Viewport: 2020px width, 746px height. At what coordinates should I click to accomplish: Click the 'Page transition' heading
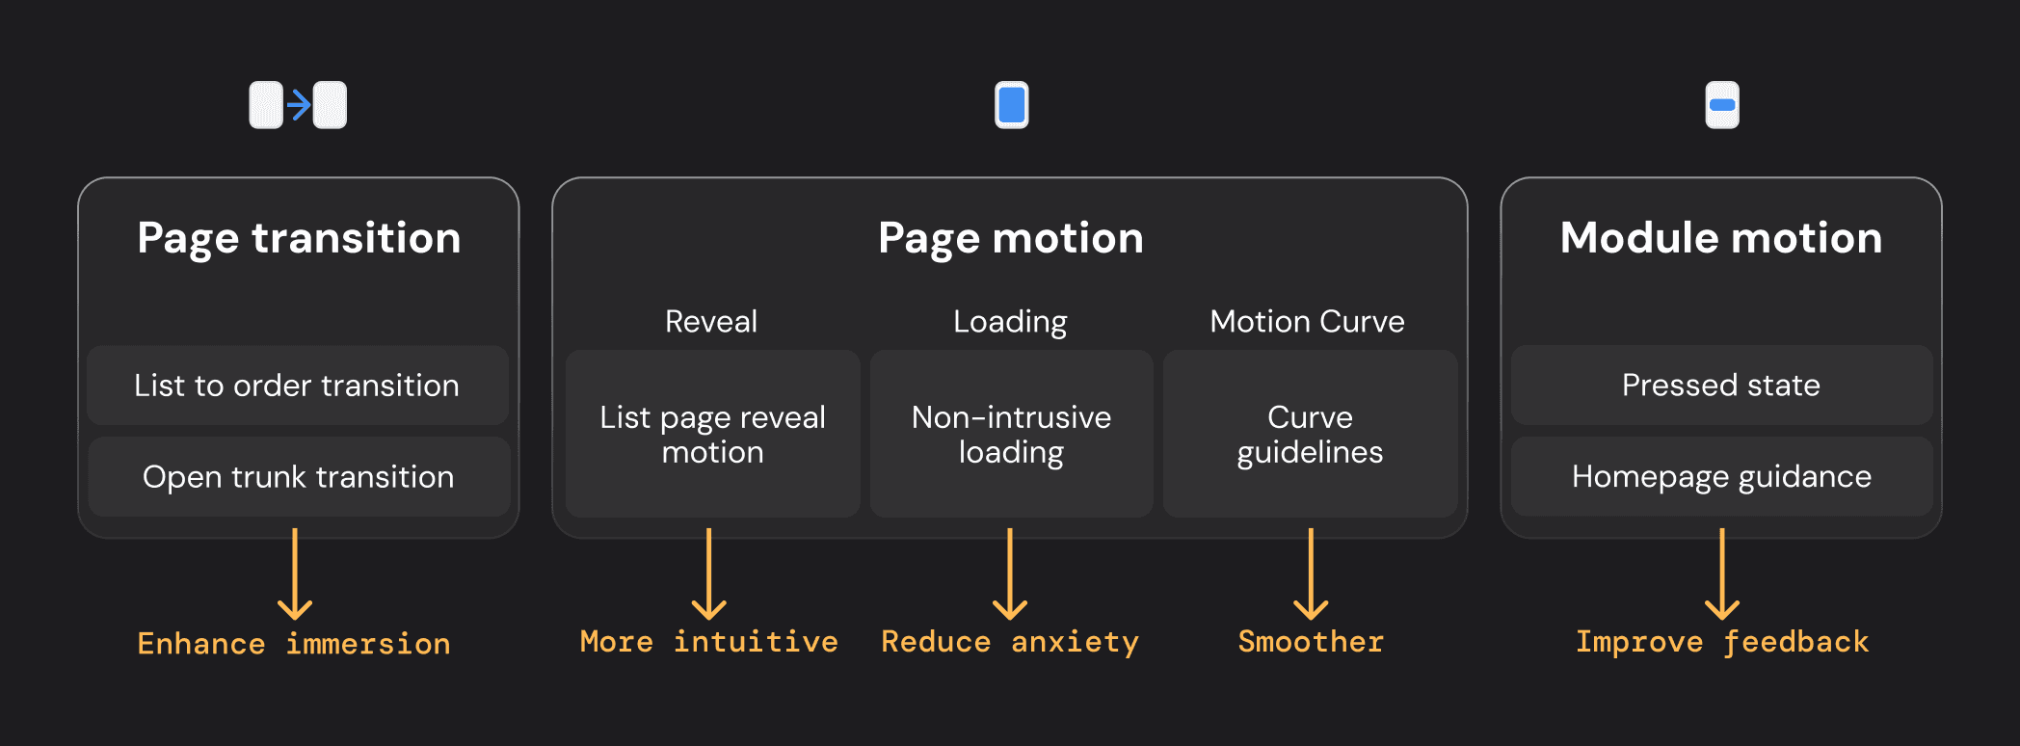299,238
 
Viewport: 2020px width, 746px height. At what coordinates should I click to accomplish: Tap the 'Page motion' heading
1010,238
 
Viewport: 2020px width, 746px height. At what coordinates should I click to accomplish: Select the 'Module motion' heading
1721,237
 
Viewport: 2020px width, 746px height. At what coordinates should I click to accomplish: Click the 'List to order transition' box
298,386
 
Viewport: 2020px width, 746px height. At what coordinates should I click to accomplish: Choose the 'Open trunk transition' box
299,476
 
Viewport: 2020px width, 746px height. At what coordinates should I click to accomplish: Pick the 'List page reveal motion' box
713,434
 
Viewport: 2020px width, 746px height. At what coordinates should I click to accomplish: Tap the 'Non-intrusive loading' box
1012,434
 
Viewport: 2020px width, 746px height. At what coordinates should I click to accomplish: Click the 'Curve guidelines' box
1311,434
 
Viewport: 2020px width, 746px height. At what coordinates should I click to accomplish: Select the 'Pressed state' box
1721,385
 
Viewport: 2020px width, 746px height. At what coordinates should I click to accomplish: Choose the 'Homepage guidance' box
1721,476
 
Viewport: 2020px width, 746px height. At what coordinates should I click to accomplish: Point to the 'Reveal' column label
711,321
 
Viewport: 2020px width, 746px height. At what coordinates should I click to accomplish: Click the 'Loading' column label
1010,322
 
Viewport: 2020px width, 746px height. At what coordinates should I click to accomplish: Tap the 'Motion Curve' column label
1307,321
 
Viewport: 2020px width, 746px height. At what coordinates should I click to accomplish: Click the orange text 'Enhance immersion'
294,643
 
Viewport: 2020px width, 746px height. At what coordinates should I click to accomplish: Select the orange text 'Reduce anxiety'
1010,642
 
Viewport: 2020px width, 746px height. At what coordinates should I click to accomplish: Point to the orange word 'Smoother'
1311,641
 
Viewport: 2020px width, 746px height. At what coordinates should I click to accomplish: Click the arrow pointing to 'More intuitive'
709,573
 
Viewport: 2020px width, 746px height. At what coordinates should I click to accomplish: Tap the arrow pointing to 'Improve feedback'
1722,573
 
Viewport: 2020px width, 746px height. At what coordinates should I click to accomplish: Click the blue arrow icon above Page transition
299,104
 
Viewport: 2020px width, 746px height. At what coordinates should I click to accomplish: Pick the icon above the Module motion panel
1722,105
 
